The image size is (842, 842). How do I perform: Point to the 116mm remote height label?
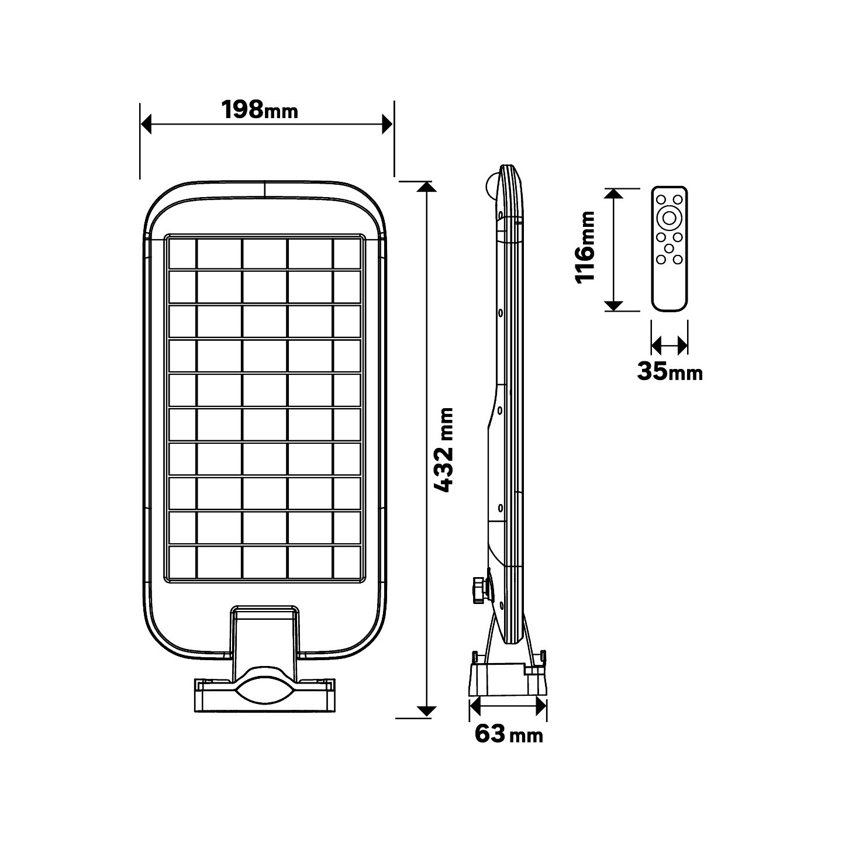click(585, 247)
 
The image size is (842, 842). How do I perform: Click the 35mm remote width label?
click(670, 371)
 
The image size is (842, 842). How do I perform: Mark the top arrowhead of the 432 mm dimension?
click(427, 187)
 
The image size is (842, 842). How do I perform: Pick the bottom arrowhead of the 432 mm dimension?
click(427, 711)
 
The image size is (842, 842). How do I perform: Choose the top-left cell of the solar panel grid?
click(182, 253)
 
